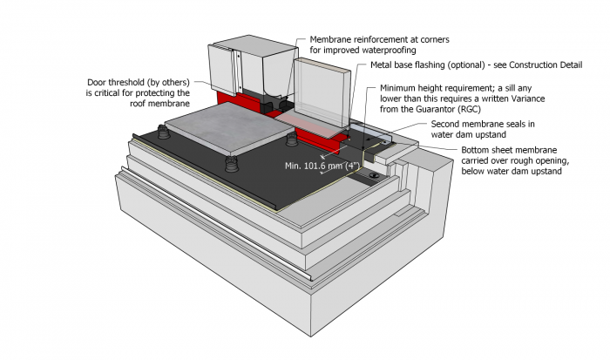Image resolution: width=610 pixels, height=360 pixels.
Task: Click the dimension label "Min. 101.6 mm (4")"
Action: coord(322,165)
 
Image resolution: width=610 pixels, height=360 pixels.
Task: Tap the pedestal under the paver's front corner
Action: coord(232,163)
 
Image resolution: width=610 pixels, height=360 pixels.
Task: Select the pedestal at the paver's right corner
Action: coord(291,139)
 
